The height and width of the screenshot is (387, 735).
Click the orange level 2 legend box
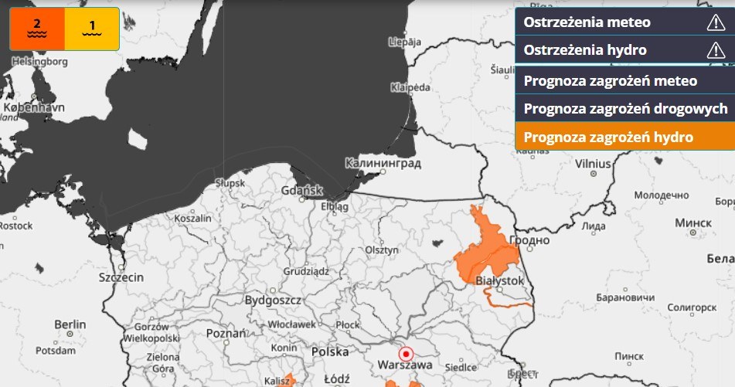pos(36,29)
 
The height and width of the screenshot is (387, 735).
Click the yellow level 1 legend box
pos(92,29)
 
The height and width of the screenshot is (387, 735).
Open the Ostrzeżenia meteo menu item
pos(587,22)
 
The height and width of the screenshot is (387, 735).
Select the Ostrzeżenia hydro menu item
pos(585,51)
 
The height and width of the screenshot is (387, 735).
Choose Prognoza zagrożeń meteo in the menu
pos(611,80)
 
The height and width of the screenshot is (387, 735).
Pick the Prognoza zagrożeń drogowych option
pos(625,109)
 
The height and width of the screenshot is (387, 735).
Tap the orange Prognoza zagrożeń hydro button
pos(608,137)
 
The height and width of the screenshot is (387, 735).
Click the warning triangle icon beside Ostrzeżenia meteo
pos(716,22)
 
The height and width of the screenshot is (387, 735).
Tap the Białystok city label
pos(500,280)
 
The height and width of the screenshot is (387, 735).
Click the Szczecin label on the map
pos(121,277)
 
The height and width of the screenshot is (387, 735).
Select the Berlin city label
pos(70,324)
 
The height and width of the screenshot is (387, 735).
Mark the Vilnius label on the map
pos(593,164)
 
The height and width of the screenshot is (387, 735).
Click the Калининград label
pos(383,164)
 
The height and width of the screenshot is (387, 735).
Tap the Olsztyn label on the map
pos(382,250)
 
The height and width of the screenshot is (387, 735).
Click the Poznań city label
pos(226,333)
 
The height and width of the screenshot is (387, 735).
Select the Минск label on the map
pos(693,222)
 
